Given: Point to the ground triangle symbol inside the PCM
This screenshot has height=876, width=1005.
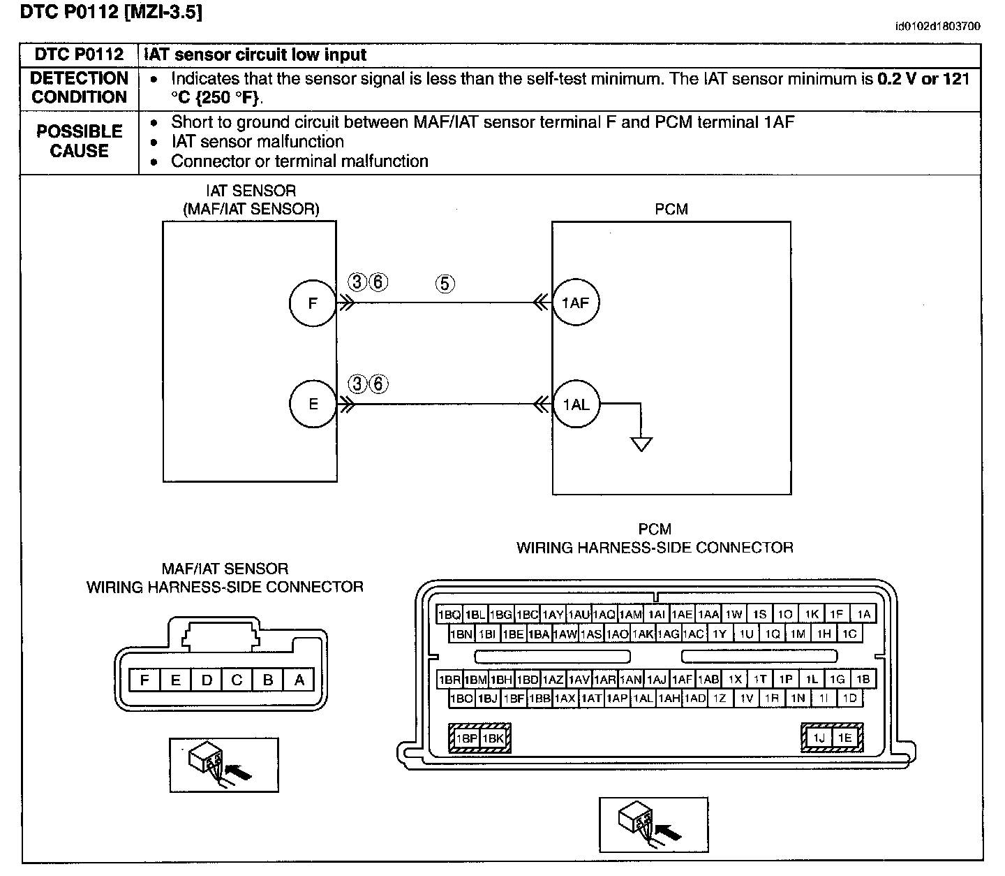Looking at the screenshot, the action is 641,444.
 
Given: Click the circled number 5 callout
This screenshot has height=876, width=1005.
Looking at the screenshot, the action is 445,284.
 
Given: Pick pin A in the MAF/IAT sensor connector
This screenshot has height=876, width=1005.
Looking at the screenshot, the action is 299,680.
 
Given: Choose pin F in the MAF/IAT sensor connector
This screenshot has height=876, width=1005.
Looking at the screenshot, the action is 144,680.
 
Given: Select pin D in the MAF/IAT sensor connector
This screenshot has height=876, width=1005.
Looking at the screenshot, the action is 207,680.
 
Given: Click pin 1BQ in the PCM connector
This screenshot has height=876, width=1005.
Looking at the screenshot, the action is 449,614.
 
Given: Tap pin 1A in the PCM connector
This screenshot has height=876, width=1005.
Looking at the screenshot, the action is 863,614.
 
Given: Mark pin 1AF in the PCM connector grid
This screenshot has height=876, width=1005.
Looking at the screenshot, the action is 683,680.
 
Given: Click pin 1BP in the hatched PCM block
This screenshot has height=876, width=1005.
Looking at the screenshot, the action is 467,738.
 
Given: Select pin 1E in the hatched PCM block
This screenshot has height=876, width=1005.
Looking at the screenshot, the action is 844,738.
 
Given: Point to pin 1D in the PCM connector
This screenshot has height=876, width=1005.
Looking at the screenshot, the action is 850,699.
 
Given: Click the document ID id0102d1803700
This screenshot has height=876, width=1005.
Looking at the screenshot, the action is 938,27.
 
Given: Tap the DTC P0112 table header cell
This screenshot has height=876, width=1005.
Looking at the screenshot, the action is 79,54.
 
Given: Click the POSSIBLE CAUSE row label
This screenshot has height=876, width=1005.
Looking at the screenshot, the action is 79,141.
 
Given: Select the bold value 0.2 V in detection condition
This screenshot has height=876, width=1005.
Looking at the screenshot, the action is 897,79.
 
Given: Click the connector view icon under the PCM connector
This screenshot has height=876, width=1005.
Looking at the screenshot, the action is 654,824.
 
